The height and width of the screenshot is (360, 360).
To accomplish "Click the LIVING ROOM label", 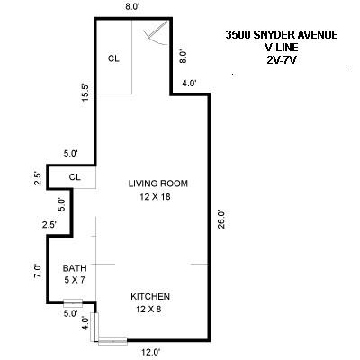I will [157, 184].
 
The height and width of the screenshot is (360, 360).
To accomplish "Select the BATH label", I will [73, 268].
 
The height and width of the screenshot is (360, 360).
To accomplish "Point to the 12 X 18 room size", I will [157, 196].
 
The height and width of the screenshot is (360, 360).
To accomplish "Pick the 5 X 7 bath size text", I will [73, 281].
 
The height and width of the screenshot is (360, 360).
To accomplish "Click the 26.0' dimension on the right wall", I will [220, 219].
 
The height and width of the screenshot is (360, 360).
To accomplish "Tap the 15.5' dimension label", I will [83, 93].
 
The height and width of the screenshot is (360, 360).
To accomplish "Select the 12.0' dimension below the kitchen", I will [149, 352].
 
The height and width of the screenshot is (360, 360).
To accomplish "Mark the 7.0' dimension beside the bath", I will [38, 271].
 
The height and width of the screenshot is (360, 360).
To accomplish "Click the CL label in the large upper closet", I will [113, 59].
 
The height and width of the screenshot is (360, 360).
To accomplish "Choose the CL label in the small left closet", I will [75, 176].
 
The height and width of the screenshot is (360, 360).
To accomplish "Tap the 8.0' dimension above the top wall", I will [132, 7].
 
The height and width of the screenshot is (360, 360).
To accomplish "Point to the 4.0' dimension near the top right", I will [190, 84].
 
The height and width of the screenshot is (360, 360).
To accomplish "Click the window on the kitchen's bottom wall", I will [113, 340].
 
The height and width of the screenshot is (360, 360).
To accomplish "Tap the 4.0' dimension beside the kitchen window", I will [84, 324].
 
